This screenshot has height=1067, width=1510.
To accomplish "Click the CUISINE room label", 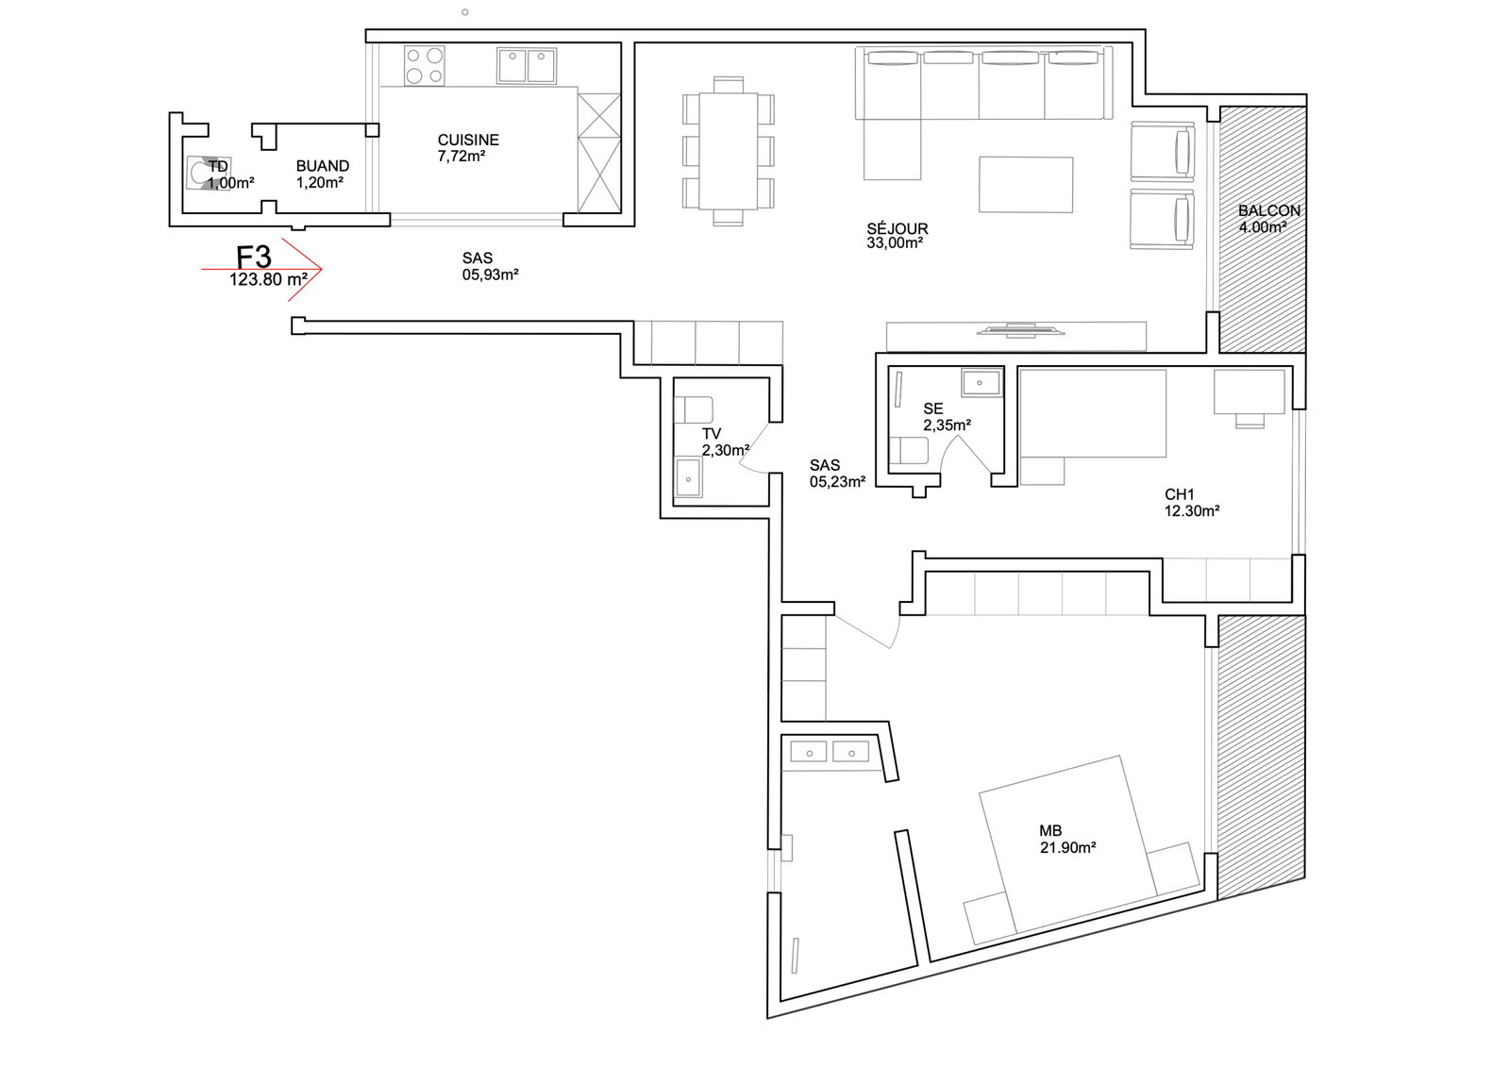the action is click(468, 141).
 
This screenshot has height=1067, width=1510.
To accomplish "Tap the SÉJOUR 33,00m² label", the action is click(897, 236).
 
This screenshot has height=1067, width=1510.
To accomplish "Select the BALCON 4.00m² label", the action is click(1268, 219).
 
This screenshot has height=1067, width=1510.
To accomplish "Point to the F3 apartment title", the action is click(254, 257).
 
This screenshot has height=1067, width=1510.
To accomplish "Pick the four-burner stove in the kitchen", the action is click(425, 65).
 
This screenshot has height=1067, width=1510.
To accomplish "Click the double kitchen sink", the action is click(527, 65).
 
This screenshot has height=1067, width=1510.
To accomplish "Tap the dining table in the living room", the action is click(728, 151).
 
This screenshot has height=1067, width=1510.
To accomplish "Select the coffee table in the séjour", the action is click(1025, 185).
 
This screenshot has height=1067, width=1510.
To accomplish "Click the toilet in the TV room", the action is click(694, 409).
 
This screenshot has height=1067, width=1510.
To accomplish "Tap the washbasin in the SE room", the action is click(981, 383).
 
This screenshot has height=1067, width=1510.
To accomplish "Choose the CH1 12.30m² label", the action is click(1192, 503).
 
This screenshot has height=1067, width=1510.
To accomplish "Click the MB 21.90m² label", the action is click(1067, 840).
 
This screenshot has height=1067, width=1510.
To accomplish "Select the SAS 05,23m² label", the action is click(837, 474).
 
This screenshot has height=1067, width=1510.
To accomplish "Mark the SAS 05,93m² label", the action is click(490, 266).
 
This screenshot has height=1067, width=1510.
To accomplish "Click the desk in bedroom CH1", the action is click(1250, 391).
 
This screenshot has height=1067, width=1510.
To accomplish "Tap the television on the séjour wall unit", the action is click(1020, 330).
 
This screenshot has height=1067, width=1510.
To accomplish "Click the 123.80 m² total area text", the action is click(268, 279).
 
